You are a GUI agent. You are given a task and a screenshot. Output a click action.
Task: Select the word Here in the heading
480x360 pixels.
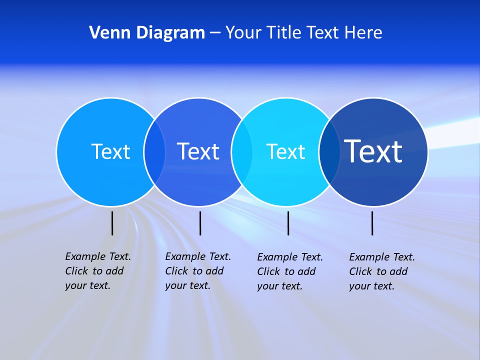click(x=363, y=32)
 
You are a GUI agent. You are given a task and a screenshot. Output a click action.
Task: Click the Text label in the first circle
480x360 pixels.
click(x=110, y=151)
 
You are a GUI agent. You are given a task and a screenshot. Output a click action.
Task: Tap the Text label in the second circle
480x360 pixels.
click(x=198, y=151)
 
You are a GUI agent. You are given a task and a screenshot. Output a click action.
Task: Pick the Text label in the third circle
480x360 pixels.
click(x=285, y=151)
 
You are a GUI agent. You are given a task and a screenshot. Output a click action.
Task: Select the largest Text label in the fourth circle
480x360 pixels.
click(x=373, y=151)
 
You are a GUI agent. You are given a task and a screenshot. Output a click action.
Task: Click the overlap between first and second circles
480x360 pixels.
click(x=154, y=152)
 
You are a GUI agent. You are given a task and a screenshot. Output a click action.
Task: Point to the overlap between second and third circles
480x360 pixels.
click(x=242, y=152)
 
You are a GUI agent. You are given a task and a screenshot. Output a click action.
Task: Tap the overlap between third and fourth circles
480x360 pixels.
click(x=329, y=152)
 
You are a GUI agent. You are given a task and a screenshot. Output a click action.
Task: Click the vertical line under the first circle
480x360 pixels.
click(x=112, y=223)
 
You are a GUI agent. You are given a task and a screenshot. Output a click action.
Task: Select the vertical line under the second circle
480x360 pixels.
click(x=200, y=223)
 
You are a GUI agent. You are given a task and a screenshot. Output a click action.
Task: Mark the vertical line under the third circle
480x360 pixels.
click(x=288, y=223)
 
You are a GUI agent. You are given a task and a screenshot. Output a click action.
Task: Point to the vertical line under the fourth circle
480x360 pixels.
click(x=372, y=223)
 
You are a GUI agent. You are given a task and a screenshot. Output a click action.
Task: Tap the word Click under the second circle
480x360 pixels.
click(x=177, y=271)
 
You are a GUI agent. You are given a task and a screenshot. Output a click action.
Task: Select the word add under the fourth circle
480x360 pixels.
click(x=398, y=271)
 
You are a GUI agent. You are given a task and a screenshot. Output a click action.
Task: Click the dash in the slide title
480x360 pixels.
click(x=215, y=33)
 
